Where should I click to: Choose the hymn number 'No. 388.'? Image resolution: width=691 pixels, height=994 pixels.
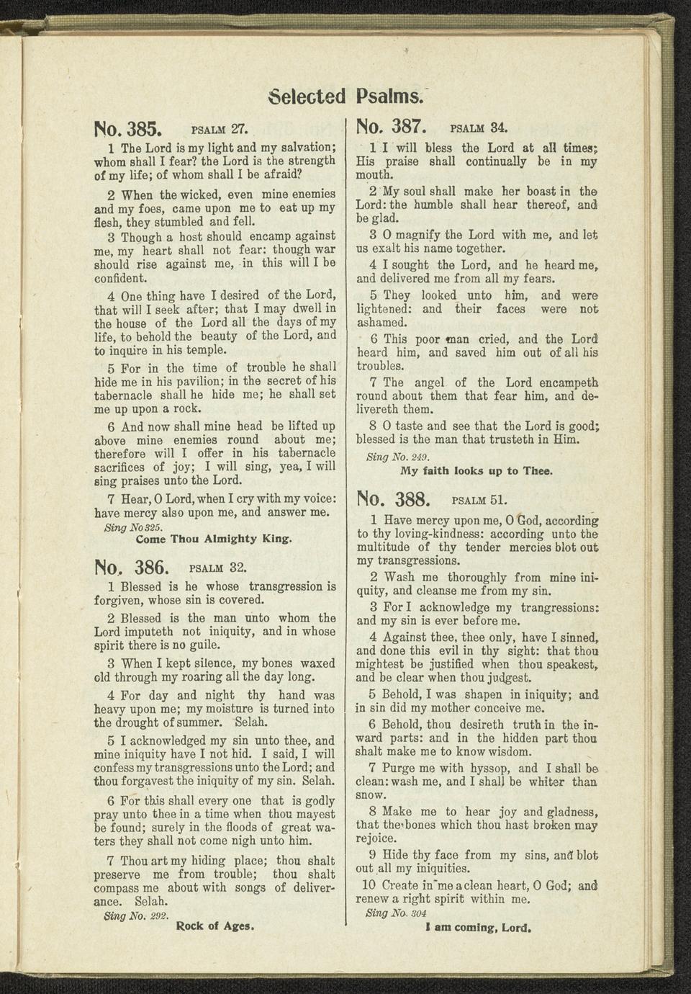393,498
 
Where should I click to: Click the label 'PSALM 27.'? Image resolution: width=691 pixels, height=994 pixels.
220,130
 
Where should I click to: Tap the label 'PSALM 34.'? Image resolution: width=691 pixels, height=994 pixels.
479,129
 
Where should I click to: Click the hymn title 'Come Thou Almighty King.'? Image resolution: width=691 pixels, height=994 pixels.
214,538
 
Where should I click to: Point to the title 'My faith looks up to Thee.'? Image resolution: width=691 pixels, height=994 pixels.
477,470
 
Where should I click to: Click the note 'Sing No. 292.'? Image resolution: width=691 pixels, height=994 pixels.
136,915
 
